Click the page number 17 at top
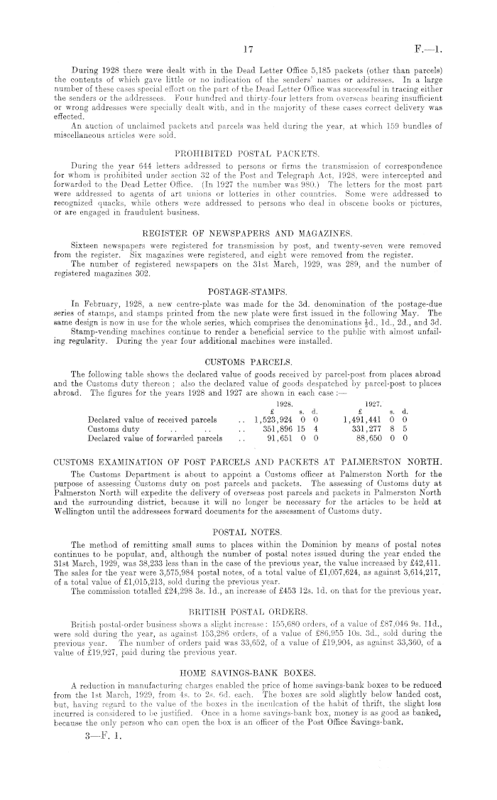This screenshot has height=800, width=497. click(x=248, y=50)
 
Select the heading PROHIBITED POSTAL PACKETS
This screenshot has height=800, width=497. click(x=248, y=152)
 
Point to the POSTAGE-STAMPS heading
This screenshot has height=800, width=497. click(x=248, y=272)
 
